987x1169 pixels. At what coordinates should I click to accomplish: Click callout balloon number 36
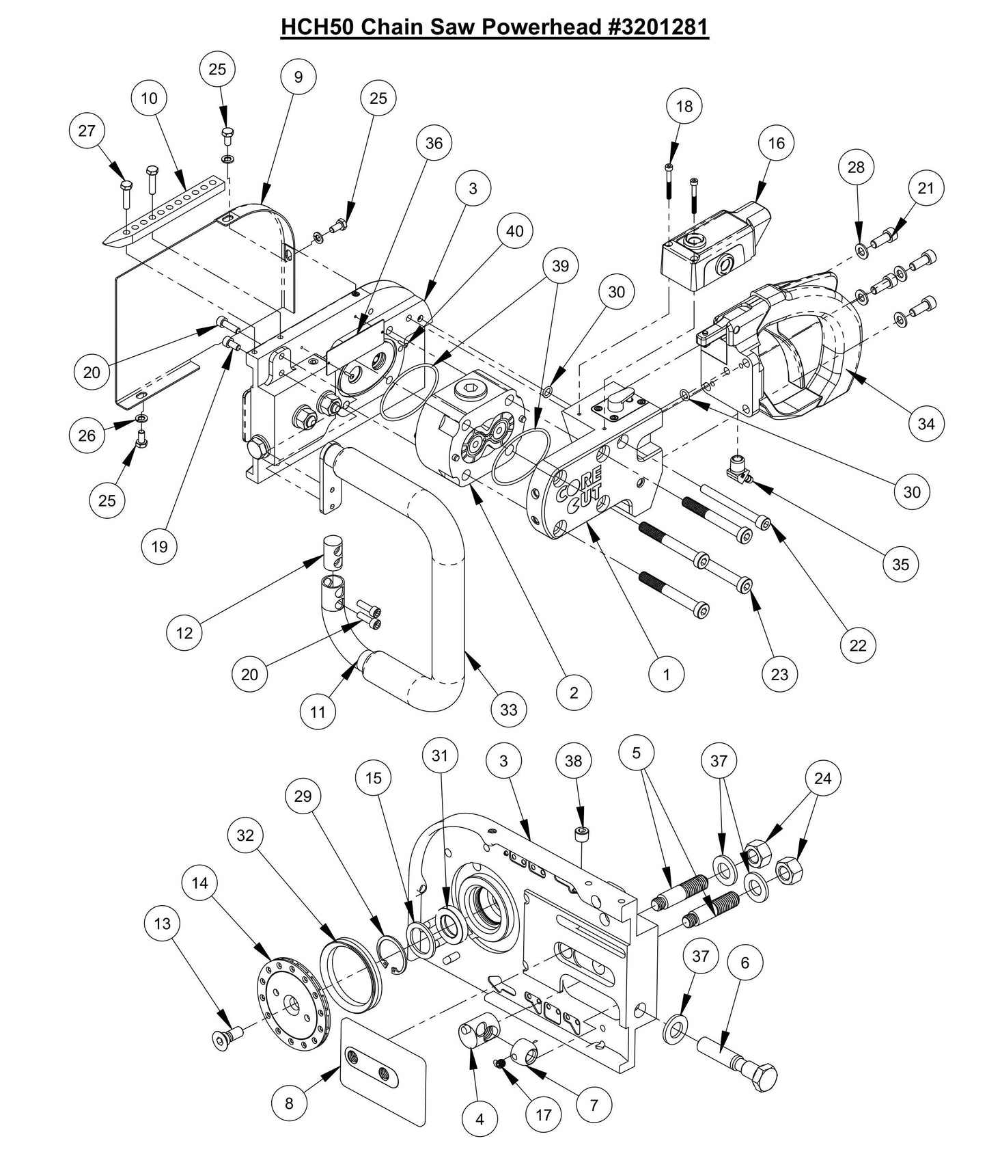434,143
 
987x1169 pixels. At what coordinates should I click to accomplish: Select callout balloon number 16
776,143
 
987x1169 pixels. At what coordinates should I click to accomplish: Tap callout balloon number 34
926,424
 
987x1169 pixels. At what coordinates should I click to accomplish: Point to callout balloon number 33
509,710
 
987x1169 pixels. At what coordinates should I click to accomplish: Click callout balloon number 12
184,633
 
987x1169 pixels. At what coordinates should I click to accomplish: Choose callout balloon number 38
573,761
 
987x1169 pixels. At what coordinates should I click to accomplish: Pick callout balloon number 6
745,963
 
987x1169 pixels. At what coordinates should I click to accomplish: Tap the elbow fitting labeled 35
738,472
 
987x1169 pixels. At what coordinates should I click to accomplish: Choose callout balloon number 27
87,131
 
